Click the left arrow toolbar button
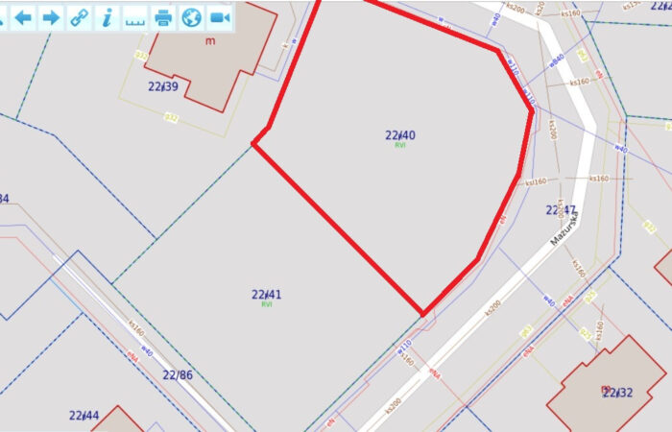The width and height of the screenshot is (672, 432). (x=22, y=16)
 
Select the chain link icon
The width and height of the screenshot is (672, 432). (x=79, y=16)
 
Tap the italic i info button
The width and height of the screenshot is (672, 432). (x=108, y=16)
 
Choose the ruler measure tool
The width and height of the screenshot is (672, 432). (x=135, y=16)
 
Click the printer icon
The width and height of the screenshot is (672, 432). (x=164, y=16)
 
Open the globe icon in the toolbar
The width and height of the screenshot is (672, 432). (x=192, y=16)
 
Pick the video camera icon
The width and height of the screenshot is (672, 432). (x=221, y=16)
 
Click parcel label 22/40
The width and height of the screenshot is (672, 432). (x=400, y=135)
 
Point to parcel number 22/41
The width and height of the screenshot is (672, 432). (x=267, y=295)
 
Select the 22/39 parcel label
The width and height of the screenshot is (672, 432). (x=163, y=86)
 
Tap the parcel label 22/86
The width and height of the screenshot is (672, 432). (x=178, y=374)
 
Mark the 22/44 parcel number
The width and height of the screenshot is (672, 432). (x=84, y=416)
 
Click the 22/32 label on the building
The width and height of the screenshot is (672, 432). (x=617, y=392)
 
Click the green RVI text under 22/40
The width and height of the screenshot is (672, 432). (x=400, y=145)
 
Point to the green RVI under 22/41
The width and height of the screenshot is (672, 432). (x=267, y=304)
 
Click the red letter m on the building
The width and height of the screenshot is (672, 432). (x=210, y=40)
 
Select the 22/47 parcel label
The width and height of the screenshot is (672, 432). (x=562, y=209)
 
